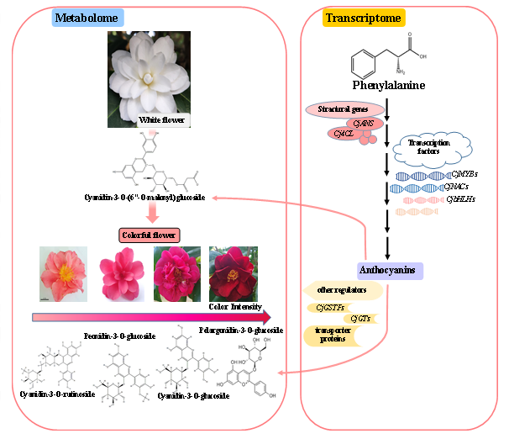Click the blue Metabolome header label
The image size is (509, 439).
(x=87, y=18)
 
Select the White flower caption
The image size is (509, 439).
(x=161, y=120)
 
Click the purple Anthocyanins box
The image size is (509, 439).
(x=391, y=271)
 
